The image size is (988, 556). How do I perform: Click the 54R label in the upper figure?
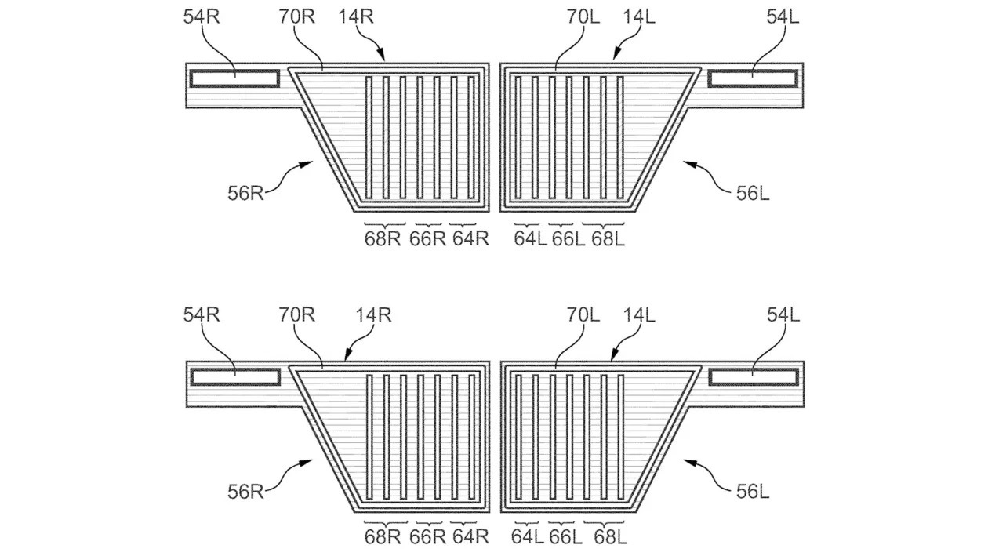202,16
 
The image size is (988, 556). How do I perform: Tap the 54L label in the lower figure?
783,315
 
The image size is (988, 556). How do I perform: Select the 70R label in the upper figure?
297,16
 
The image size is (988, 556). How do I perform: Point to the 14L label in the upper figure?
638,16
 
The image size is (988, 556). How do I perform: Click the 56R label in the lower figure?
245,492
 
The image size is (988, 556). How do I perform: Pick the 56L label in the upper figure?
753,193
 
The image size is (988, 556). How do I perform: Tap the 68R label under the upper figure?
383,239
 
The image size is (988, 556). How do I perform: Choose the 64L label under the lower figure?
529,536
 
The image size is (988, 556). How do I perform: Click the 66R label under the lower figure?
428,536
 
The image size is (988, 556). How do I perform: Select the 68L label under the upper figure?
608,239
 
